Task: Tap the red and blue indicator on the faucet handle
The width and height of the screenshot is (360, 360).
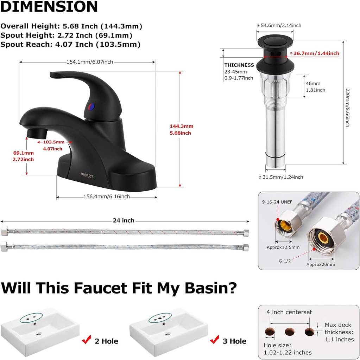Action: coord(91,107)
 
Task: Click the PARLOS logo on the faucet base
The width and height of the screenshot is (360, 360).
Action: coord(87,176)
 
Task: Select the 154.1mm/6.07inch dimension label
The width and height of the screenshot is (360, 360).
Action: coord(90,62)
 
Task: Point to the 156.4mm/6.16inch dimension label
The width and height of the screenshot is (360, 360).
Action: coord(106,197)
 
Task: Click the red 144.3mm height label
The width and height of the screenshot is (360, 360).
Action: coord(181,126)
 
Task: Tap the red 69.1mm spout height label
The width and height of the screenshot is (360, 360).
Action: coord(24,153)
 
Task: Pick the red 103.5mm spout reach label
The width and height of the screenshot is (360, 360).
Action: coord(54,142)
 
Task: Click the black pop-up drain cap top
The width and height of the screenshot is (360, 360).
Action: coord(275,42)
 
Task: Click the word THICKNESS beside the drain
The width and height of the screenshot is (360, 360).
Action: coord(239,65)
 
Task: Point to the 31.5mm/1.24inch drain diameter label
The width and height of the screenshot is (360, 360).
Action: coord(281,177)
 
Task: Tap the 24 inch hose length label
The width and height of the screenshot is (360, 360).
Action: coord(124,220)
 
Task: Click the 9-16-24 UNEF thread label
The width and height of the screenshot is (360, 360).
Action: coord(277,202)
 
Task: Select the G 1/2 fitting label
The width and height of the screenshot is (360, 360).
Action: coord(285,261)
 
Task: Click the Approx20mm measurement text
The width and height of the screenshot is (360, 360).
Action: coord(321,264)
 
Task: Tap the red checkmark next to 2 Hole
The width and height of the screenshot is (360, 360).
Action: coord(87,340)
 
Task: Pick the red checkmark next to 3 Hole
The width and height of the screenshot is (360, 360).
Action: coord(214,340)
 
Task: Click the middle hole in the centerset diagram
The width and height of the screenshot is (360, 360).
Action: coord(290,332)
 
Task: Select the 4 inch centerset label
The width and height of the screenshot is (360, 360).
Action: coord(289,312)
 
